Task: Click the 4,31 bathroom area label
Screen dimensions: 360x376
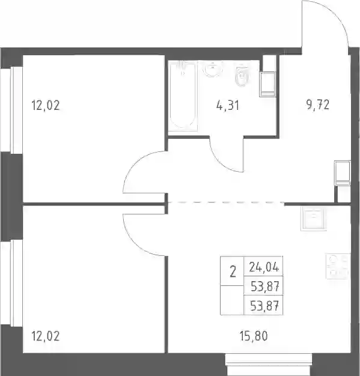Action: (228, 105)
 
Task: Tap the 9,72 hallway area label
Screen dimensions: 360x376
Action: (318, 105)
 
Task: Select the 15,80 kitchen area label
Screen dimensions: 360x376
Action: (254, 336)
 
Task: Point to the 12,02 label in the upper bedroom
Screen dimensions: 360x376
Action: (45, 106)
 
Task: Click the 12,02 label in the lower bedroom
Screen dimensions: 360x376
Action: (45, 336)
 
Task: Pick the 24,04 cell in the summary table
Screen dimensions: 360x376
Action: (264, 267)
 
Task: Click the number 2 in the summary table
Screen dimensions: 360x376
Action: (233, 271)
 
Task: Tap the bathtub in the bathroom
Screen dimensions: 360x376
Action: (183, 96)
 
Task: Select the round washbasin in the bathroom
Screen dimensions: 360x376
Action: (213, 69)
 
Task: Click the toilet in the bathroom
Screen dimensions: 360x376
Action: (242, 74)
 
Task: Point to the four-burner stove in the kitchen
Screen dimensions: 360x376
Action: (338, 267)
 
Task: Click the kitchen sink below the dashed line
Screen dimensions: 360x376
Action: (314, 219)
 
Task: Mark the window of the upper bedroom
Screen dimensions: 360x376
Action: (11, 111)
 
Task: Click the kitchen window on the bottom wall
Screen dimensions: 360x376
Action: (269, 365)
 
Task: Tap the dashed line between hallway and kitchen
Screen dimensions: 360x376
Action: (225, 202)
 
